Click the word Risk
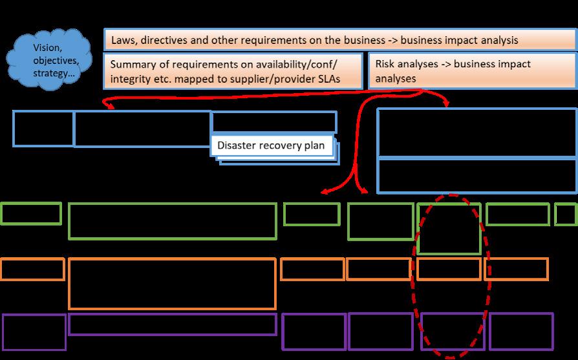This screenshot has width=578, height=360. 385,65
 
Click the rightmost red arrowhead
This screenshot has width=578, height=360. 447,104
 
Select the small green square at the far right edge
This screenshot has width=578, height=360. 566,215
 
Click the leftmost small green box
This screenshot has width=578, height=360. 31,213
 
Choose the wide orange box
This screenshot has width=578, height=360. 173,284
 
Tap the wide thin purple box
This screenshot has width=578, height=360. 173,324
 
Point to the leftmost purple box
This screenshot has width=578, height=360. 34,332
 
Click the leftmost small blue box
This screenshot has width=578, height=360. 43,129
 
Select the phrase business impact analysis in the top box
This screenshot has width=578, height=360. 459,40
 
